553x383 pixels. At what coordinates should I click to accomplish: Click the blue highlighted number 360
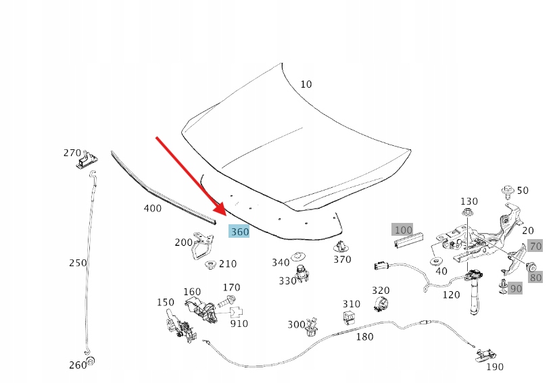(240, 232)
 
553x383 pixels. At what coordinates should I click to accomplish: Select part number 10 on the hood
(306, 84)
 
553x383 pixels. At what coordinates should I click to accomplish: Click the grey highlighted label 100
(403, 230)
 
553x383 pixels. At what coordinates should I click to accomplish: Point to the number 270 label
(72, 153)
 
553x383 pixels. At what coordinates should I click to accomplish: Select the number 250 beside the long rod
(78, 262)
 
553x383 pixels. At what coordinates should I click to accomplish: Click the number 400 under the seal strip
(153, 208)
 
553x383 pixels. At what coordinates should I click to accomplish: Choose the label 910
(239, 324)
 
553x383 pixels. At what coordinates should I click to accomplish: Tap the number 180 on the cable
(364, 336)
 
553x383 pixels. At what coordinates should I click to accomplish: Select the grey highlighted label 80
(535, 277)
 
